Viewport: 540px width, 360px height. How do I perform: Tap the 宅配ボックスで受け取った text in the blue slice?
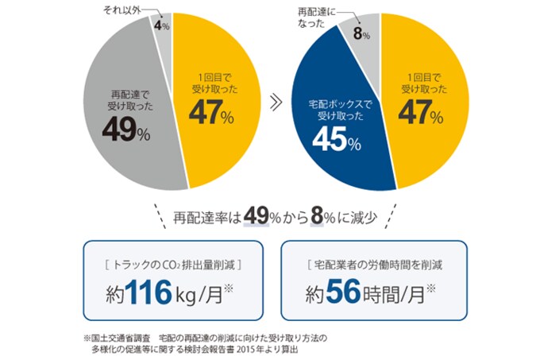[334, 109]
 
